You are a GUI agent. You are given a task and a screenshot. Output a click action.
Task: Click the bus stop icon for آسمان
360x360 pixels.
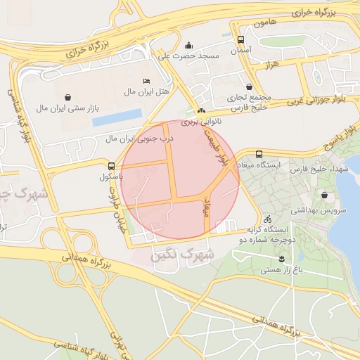coord(241,40)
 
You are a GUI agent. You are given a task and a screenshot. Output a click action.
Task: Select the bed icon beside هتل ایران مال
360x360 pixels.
coord(146,81)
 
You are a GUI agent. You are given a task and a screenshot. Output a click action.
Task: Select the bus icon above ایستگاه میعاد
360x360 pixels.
coord(259,154)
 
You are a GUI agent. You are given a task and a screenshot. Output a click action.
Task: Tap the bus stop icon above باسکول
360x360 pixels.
coord(111,167)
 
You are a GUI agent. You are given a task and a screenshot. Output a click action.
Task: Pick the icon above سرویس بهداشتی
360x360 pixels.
coord(324,195)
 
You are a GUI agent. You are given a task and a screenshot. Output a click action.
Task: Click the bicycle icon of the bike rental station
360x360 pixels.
coord(267,219)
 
